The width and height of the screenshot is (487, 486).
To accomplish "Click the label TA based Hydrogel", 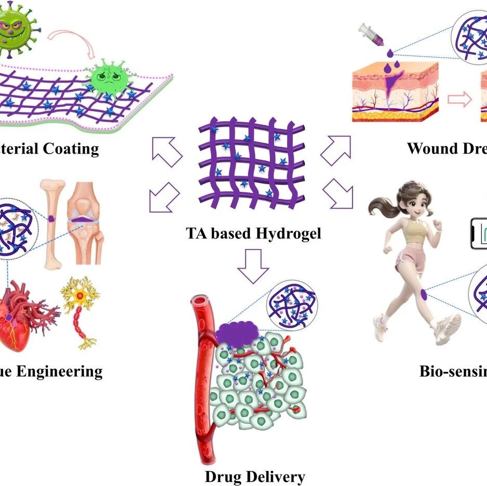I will click(253, 233).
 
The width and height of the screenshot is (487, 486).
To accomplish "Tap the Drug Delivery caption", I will click(254, 476).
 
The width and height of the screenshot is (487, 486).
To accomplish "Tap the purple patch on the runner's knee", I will click(423, 294).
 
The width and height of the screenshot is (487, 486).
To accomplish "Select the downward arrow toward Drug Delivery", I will click(253, 266).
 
